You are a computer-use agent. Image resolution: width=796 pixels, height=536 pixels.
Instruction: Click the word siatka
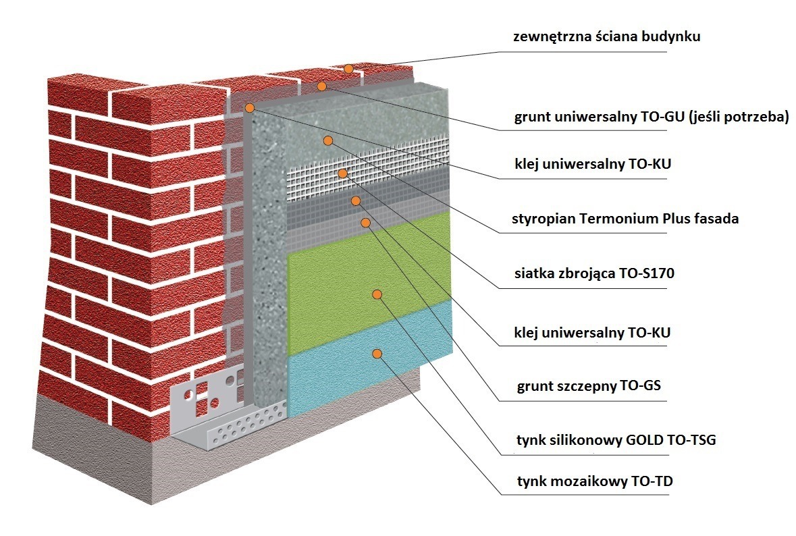click(532, 274)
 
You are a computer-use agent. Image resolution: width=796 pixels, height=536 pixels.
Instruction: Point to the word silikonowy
click(577, 441)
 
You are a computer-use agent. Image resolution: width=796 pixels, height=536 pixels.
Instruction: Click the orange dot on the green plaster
click(377, 294)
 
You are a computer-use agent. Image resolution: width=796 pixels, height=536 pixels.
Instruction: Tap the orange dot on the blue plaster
click(377, 354)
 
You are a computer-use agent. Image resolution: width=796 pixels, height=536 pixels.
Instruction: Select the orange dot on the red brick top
click(348, 69)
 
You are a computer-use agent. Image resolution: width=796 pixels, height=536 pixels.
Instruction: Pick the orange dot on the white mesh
click(343, 173)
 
